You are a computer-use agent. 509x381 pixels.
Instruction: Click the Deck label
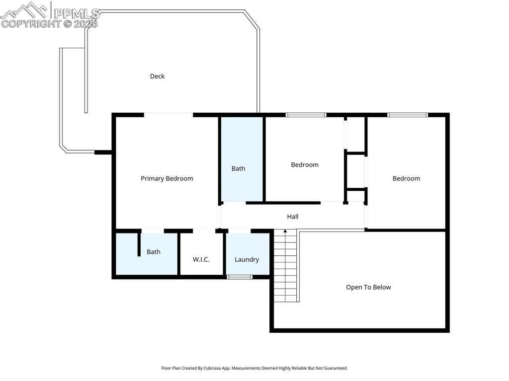click(157, 76)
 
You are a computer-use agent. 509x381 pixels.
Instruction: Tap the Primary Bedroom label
click(167, 178)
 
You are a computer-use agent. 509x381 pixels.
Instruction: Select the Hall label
click(293, 217)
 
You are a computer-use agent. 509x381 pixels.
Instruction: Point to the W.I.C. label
click(201, 259)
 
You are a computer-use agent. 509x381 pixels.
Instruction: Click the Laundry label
click(247, 260)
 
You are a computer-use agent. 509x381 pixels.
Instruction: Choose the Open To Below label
click(368, 287)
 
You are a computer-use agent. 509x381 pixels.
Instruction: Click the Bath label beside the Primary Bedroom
click(238, 168)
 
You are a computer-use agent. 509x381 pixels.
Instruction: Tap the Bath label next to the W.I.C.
click(154, 252)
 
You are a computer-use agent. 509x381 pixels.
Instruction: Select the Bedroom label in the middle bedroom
click(305, 165)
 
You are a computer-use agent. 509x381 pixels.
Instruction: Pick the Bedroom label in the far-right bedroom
click(406, 178)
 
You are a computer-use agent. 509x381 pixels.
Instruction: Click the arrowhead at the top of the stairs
click(285, 231)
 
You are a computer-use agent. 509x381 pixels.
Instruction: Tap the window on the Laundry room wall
click(239, 277)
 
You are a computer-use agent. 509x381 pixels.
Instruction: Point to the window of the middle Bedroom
click(306, 115)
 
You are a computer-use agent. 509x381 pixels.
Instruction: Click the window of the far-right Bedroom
click(408, 115)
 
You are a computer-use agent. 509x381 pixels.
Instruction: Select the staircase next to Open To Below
click(286, 265)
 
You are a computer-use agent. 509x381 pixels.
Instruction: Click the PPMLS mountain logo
click(24, 10)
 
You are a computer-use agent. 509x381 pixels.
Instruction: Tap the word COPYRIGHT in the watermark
click(31, 24)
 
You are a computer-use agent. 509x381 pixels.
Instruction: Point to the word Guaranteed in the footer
click(335, 368)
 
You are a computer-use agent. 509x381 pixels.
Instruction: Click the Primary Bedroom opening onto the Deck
click(169, 115)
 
